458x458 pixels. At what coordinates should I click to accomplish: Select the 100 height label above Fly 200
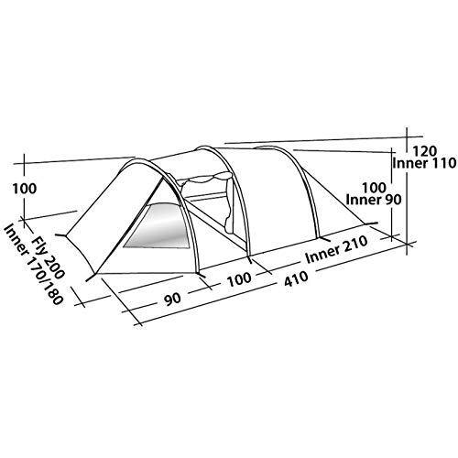point(25,189)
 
